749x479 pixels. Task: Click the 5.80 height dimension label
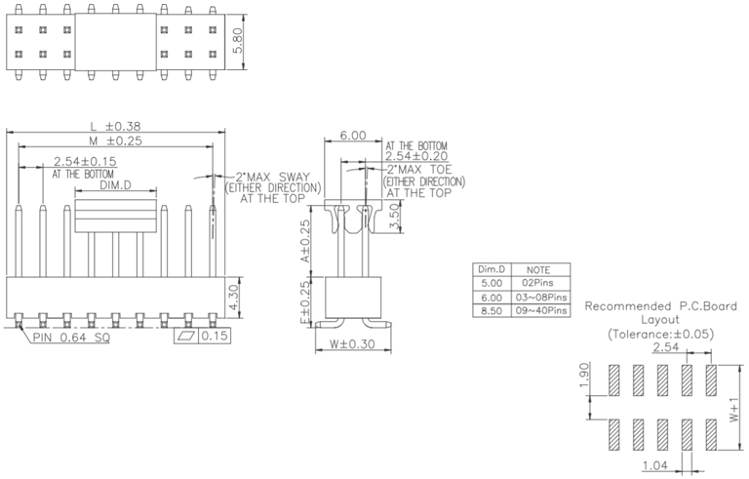point(237,41)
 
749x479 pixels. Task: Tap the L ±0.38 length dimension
point(116,126)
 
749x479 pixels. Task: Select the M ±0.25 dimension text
point(116,140)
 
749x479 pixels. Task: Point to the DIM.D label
point(115,185)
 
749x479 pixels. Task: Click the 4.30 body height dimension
point(235,298)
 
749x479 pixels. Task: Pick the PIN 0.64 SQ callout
point(71,338)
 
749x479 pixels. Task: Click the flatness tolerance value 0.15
point(215,336)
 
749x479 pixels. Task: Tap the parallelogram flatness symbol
point(186,336)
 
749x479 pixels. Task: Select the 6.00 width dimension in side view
point(353,136)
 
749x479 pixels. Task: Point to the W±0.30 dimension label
point(352,343)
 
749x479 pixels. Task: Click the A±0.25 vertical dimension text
point(304,241)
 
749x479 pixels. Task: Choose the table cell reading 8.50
point(492,311)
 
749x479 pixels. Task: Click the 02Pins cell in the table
point(540,283)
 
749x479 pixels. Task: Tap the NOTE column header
point(538,269)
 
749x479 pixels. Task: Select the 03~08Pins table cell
point(541,297)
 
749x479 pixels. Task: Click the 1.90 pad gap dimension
point(584,376)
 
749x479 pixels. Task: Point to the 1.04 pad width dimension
point(655,464)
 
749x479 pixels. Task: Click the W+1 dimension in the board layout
point(734,411)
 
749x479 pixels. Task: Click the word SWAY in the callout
point(295,177)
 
